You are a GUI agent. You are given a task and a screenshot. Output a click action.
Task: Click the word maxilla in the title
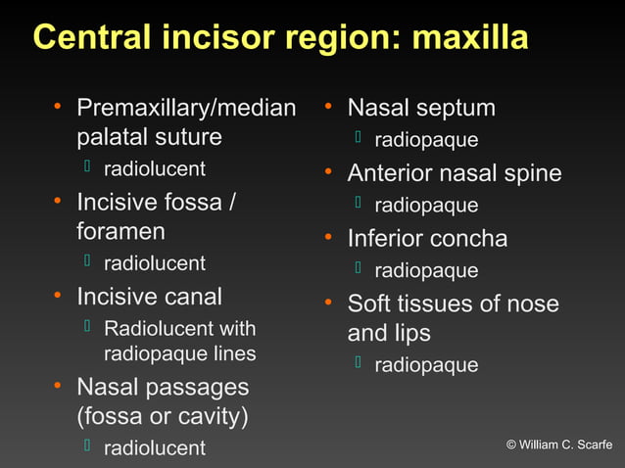(x=470, y=38)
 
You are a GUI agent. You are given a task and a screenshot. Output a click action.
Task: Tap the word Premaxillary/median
(x=186, y=108)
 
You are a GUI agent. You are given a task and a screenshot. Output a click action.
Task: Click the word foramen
(x=120, y=232)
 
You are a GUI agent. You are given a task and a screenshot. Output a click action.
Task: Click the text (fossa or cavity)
(x=163, y=417)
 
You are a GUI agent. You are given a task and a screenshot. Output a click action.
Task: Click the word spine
(x=530, y=173)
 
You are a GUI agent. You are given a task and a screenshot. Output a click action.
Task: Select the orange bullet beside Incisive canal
(x=59, y=295)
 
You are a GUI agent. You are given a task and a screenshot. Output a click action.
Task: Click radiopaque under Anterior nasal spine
(x=426, y=206)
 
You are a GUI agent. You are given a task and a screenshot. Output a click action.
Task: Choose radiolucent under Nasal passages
(x=155, y=448)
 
